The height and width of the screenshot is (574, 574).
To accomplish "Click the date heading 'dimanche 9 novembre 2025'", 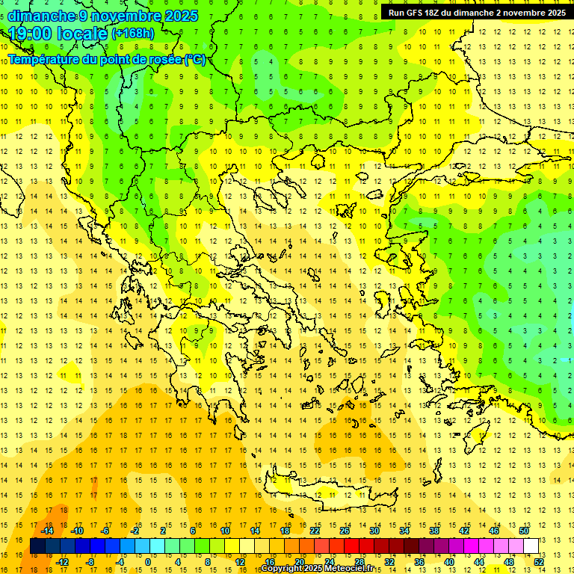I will (103, 16).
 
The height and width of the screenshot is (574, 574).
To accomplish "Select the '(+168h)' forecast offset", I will (133, 34).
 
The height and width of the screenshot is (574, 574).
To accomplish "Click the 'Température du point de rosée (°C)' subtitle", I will (106, 59).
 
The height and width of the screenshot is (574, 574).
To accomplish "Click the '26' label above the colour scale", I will (345, 531).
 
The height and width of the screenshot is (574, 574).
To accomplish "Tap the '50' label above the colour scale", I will (523, 531).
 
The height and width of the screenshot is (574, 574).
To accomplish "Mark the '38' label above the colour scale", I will (434, 531).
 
